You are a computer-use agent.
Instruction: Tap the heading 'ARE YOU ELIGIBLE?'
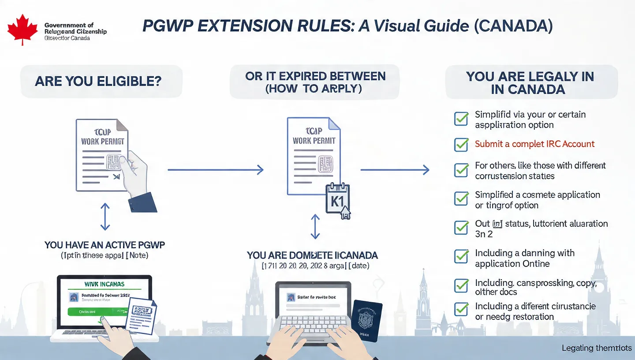(x=98, y=81)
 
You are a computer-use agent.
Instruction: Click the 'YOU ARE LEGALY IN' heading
(x=530, y=76)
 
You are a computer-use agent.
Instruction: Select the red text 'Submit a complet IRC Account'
(x=534, y=144)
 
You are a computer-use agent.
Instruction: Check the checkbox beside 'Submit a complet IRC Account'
(x=461, y=144)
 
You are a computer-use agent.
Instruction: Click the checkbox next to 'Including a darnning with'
(x=461, y=256)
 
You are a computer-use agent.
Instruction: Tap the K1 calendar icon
(x=337, y=199)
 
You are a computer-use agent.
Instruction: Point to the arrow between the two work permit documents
(x=216, y=169)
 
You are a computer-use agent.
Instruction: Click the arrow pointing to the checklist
(x=395, y=169)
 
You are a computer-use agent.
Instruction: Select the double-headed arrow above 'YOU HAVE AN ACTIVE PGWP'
(x=105, y=217)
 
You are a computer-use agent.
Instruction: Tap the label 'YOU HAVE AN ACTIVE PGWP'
(x=105, y=245)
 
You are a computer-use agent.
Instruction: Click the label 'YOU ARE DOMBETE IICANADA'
(x=312, y=255)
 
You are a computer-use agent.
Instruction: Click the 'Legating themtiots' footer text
(x=597, y=348)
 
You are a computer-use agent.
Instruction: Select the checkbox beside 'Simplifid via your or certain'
(x=461, y=118)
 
